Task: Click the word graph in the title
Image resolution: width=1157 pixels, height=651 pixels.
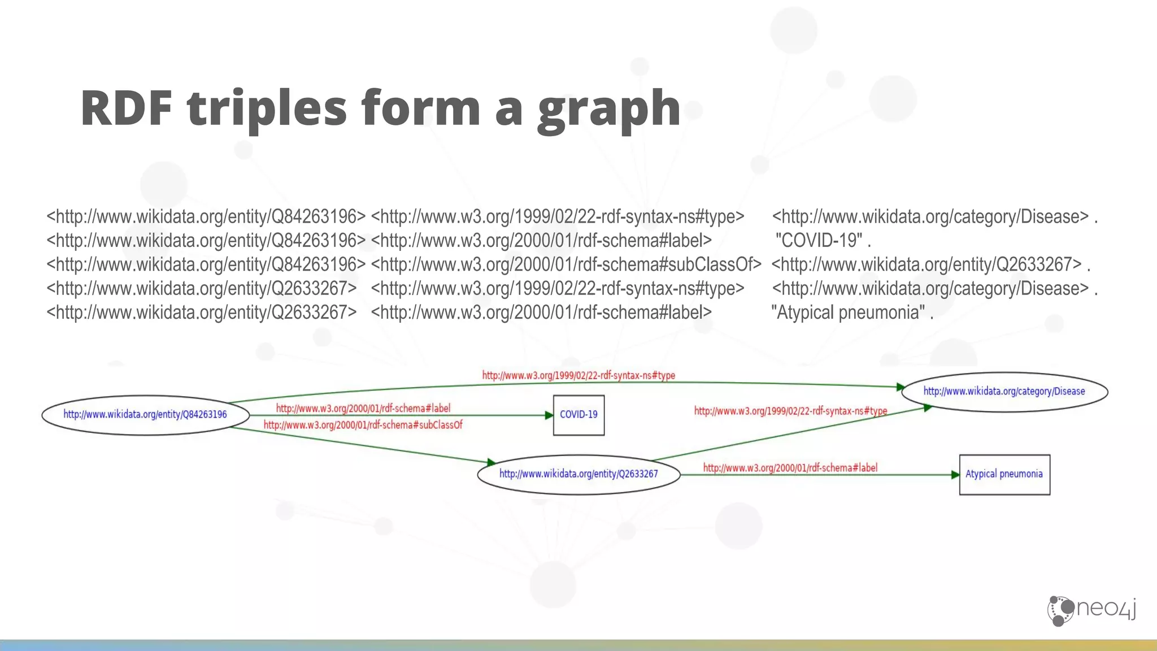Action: pyautogui.click(x=608, y=108)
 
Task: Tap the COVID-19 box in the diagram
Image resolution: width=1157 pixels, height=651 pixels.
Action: pyautogui.click(x=578, y=415)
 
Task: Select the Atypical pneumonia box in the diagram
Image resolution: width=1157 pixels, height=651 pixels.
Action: pyautogui.click(x=1004, y=474)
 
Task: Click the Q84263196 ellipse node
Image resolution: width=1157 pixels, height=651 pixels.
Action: pyautogui.click(x=145, y=415)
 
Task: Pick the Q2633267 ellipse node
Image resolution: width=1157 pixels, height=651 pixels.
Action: pyautogui.click(x=578, y=474)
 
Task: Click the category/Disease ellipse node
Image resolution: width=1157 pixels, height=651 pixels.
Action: pyautogui.click(x=1004, y=391)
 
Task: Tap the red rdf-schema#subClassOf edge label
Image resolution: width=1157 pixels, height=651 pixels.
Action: pyautogui.click(x=363, y=425)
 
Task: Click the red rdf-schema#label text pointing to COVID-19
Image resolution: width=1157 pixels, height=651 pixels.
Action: pyautogui.click(x=363, y=408)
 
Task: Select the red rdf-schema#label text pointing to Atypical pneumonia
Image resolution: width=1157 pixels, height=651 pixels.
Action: pyautogui.click(x=790, y=468)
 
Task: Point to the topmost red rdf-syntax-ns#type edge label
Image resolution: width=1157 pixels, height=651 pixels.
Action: pyautogui.click(x=578, y=375)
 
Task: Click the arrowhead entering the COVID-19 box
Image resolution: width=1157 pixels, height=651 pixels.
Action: pyautogui.click(x=549, y=415)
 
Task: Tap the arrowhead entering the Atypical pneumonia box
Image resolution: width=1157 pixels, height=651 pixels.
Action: pyautogui.click(x=955, y=475)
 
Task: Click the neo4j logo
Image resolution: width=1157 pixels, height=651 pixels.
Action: pyautogui.click(x=1091, y=610)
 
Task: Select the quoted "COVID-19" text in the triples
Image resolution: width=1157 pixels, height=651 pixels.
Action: pyautogui.click(x=819, y=241)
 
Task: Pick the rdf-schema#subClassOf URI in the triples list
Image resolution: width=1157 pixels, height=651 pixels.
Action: pyautogui.click(x=566, y=264)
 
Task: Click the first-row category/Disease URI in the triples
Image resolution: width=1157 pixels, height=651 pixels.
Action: pyautogui.click(x=930, y=217)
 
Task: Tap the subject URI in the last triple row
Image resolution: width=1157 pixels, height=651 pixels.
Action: pyautogui.click(x=201, y=313)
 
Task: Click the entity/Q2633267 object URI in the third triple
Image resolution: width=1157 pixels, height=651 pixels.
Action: pyautogui.click(x=927, y=264)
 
